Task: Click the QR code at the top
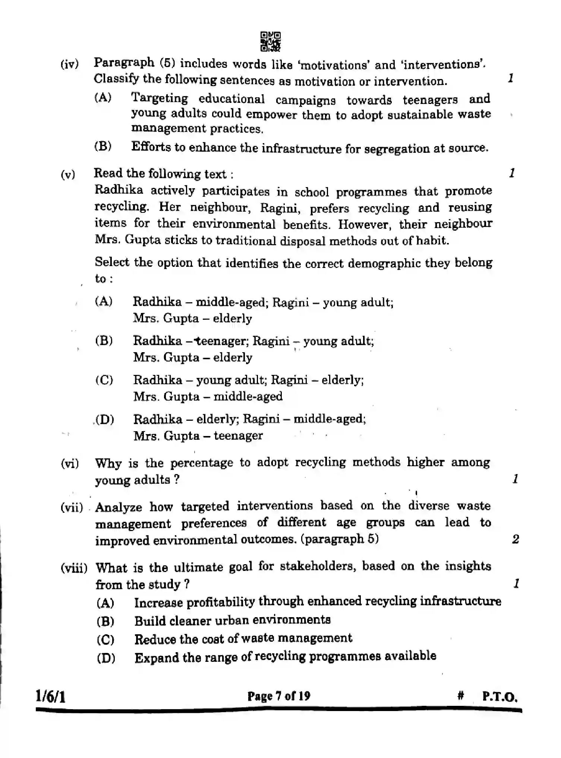pos(271,42)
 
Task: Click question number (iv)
pos(69,64)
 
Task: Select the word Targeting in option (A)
pos(160,98)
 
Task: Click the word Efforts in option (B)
pos(151,147)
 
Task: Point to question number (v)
pos(68,174)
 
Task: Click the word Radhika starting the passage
pos(119,190)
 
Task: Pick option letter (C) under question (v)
pos(104,380)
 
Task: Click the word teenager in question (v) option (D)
pos(238,436)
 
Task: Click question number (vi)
pos(69,464)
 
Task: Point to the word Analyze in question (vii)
pos(119,507)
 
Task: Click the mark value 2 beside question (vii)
pos(516,539)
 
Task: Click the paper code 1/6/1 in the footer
pos(51,696)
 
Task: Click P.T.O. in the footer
pos(499,696)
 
